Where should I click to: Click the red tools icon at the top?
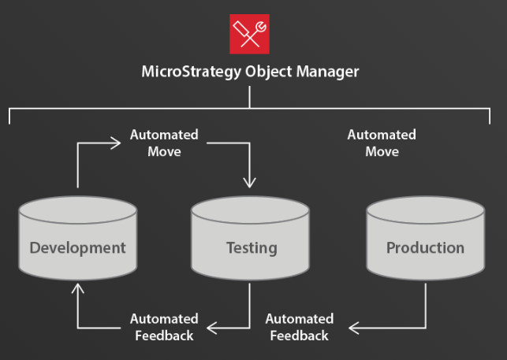click(249, 34)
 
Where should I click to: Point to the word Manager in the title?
click(330, 72)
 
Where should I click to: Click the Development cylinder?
click(77, 239)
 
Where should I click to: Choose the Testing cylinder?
click(251, 239)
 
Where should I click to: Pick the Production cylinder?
click(425, 239)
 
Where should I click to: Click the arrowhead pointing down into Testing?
click(250, 183)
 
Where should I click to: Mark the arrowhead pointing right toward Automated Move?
click(120, 144)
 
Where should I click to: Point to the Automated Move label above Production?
click(382, 143)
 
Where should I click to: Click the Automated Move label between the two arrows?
click(164, 143)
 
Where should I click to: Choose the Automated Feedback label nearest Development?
click(164, 327)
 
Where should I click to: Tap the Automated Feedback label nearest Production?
click(299, 327)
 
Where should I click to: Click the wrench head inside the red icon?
click(259, 25)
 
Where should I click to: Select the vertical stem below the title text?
click(250, 97)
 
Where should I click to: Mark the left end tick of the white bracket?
click(9, 116)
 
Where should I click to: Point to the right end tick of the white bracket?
click(490, 116)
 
